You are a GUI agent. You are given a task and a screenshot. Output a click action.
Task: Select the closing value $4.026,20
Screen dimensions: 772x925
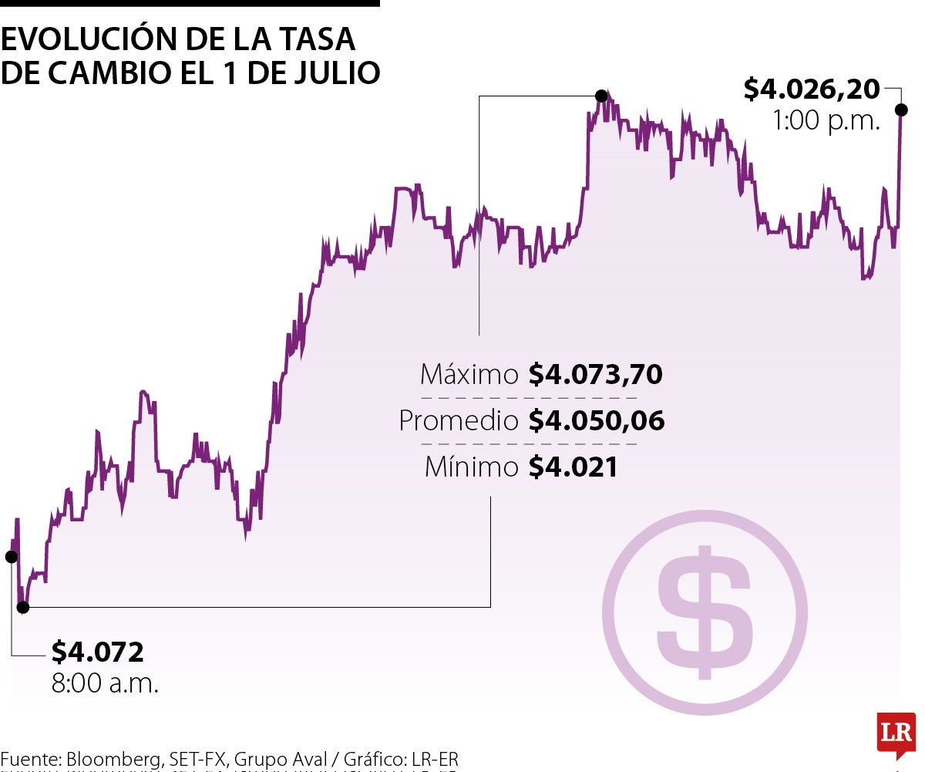coord(811,89)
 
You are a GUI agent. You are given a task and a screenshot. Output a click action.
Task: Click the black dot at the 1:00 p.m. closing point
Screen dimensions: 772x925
coord(901,110)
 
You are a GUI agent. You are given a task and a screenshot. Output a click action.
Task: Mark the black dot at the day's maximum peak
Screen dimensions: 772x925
coord(601,96)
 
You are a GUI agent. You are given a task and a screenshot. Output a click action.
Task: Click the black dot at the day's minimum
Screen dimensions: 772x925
coord(23,607)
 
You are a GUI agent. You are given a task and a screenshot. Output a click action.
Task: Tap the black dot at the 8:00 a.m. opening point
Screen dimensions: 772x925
coord(12,556)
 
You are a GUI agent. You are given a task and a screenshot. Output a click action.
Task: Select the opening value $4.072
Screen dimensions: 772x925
coord(97,652)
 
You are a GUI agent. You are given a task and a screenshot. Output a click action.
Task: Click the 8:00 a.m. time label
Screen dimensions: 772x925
coord(105,684)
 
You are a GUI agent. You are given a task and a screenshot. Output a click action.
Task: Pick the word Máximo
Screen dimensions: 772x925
coord(469,376)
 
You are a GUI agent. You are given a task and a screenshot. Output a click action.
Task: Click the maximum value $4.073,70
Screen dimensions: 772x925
coord(595,376)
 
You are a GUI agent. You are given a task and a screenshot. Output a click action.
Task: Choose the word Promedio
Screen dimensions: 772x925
coord(459,421)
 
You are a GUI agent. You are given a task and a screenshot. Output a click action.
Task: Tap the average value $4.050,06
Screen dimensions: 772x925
coord(596,421)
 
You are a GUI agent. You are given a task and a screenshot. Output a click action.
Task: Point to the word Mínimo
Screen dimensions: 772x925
coord(472,467)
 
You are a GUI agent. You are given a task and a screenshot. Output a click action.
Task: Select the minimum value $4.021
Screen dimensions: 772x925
coord(573,467)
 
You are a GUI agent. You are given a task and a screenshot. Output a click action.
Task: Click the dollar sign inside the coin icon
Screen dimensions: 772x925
coord(703,613)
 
